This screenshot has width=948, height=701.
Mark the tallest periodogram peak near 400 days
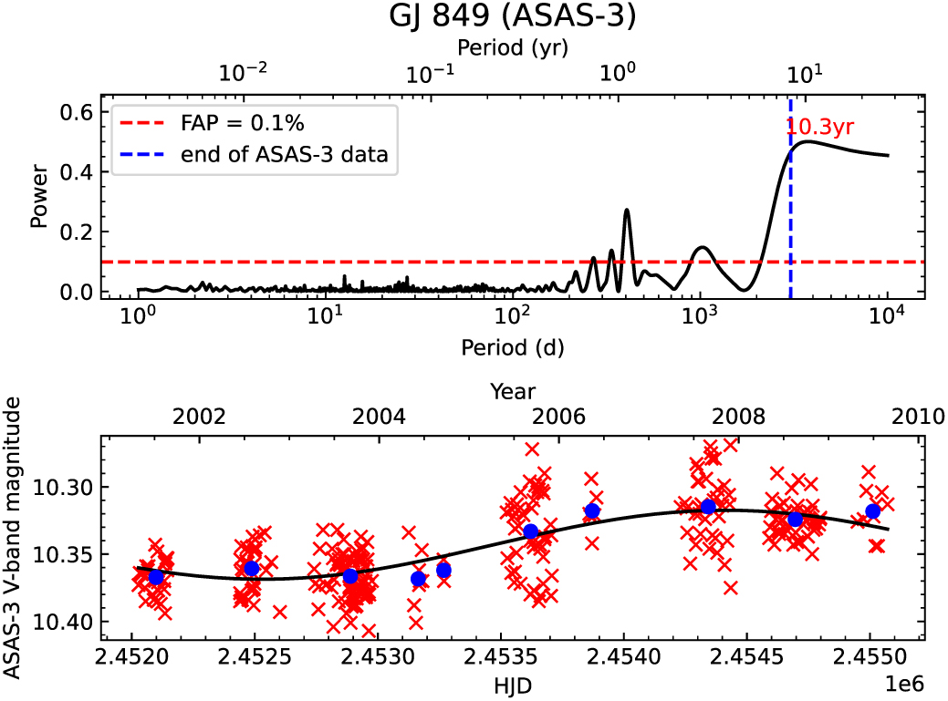(627, 211)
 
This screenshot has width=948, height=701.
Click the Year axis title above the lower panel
(512, 392)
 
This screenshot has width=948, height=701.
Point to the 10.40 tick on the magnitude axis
(69, 623)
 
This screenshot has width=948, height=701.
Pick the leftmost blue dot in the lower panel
(156, 577)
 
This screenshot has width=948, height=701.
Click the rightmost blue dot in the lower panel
(873, 510)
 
